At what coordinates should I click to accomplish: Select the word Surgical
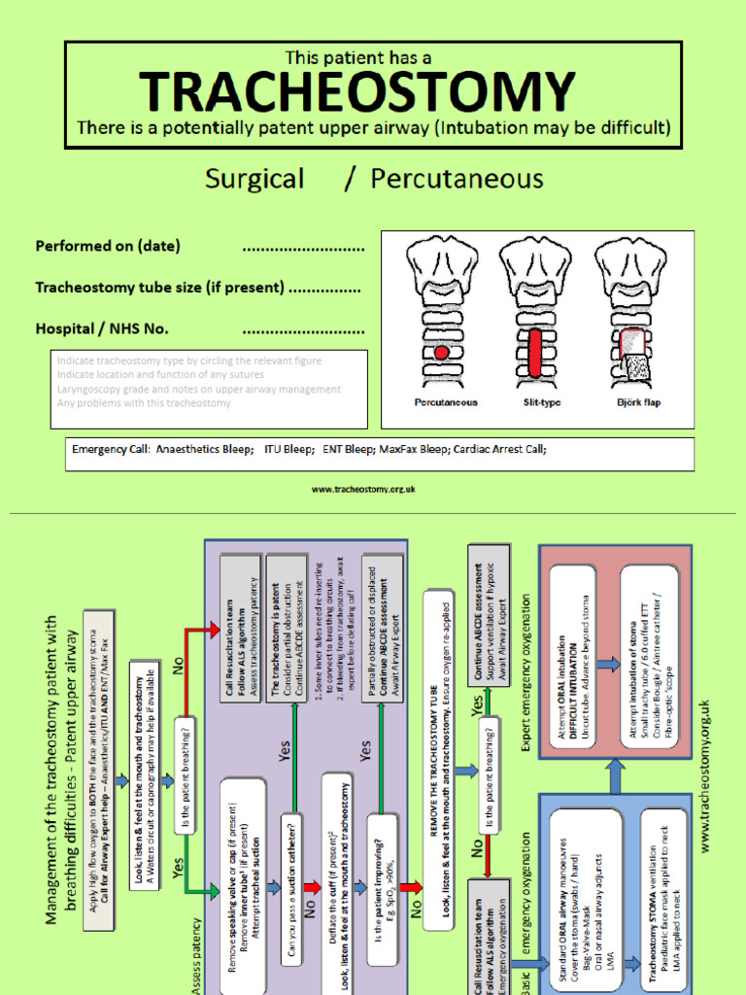pos(254,179)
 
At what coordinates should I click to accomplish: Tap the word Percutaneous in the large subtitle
pos(457,179)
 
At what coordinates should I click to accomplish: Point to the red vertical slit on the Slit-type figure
pos(536,351)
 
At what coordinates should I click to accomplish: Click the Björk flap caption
pos(638,402)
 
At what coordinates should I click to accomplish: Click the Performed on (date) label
pos(108,246)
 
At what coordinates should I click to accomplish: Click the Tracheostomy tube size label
pos(159,288)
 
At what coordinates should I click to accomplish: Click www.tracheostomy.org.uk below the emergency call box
pos(363,490)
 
